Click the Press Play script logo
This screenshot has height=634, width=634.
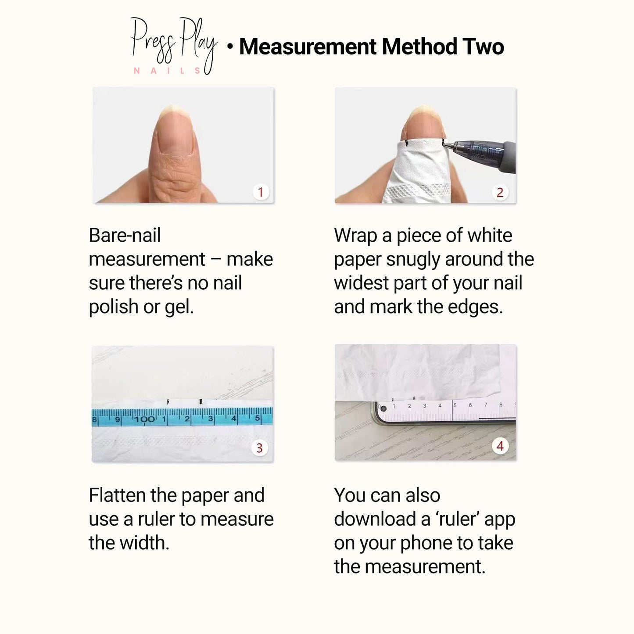tap(174, 44)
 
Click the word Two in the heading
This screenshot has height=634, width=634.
tap(483, 47)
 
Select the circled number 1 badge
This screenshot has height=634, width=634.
tap(261, 192)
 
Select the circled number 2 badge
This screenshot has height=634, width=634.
tap(500, 193)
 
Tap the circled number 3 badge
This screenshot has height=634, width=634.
tap(259, 448)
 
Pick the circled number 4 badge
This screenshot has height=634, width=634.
tap(500, 446)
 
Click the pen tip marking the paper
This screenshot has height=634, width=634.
tap(444, 143)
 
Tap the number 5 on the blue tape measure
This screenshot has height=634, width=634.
tap(257, 419)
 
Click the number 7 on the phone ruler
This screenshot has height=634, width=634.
tap(485, 405)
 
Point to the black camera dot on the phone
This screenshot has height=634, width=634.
tap(383, 408)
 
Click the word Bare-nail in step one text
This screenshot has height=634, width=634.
tap(125, 236)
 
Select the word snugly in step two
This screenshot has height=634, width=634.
tap(413, 260)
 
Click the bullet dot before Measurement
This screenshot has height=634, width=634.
tap(230, 47)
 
